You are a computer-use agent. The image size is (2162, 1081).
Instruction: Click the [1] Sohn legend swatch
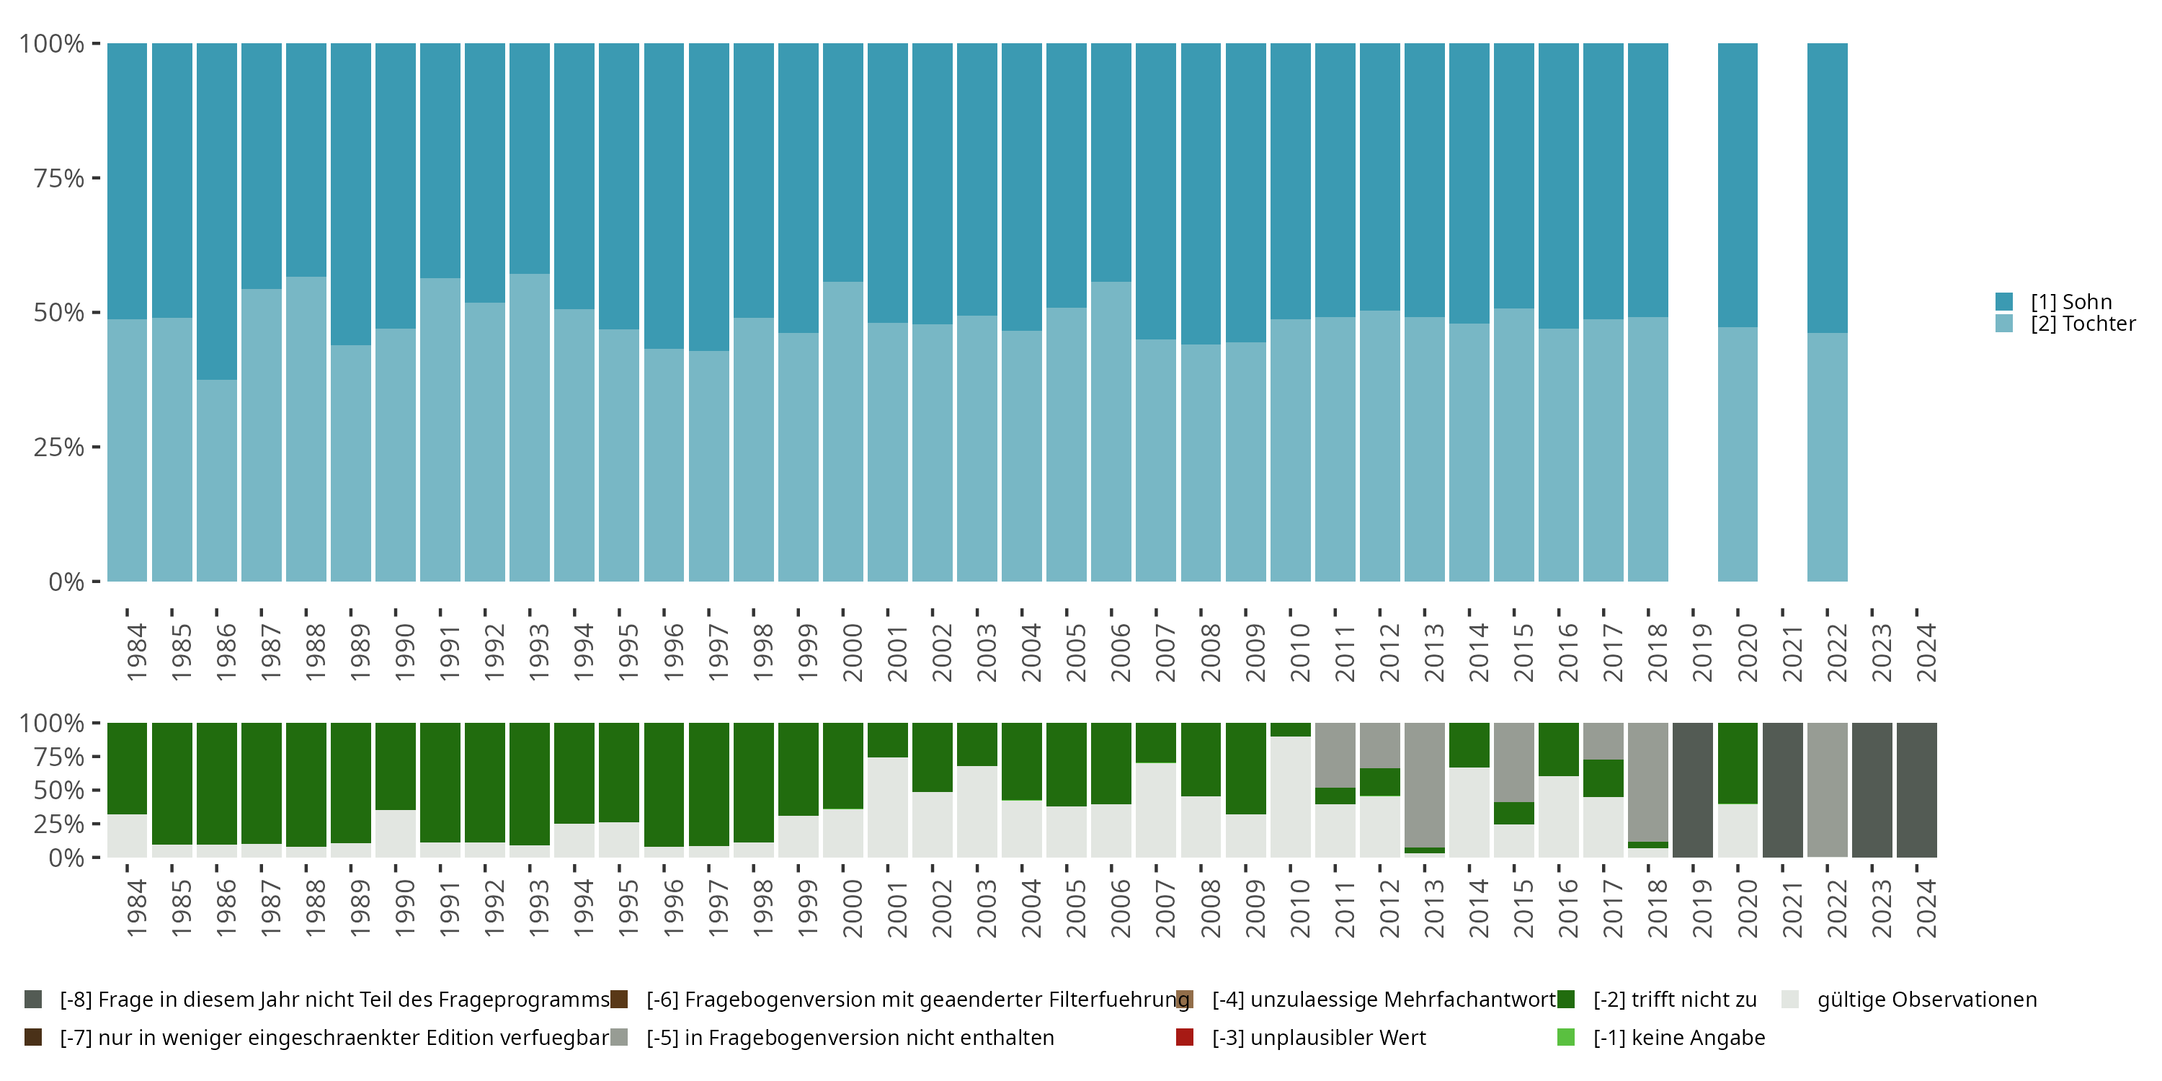click(x=2004, y=301)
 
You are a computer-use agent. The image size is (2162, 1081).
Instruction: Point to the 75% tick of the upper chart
click(x=59, y=178)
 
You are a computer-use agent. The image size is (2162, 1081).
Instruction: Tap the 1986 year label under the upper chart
click(x=226, y=652)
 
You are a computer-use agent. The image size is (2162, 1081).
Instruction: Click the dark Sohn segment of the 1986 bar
click(x=216, y=210)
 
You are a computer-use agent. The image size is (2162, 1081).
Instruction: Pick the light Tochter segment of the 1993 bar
click(x=530, y=428)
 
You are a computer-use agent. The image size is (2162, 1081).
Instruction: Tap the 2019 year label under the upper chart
click(x=1701, y=652)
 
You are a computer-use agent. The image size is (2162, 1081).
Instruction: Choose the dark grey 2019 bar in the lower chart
click(x=1693, y=790)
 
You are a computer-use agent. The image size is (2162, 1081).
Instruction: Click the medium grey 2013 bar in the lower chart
click(x=1424, y=785)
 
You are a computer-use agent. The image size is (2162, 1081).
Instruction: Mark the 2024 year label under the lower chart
click(x=1926, y=908)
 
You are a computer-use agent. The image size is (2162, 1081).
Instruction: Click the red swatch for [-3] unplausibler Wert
click(x=1185, y=1037)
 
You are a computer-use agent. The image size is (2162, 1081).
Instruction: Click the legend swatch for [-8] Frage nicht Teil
click(x=34, y=1000)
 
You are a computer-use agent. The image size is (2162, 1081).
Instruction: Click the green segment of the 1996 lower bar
click(x=664, y=784)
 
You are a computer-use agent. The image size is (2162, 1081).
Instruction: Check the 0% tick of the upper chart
click(x=66, y=582)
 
